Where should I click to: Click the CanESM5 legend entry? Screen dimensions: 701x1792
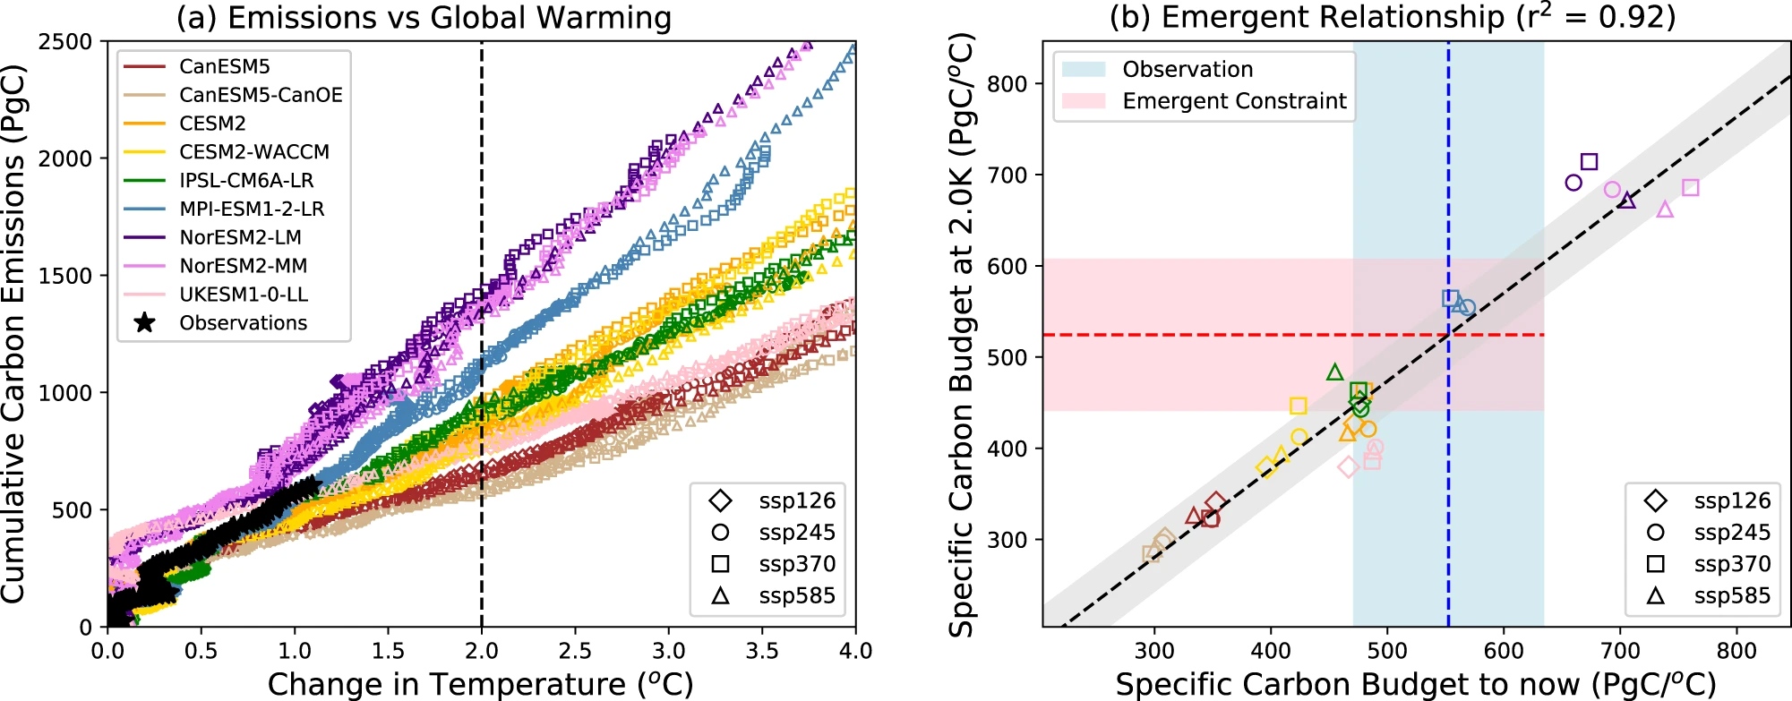pos(224,66)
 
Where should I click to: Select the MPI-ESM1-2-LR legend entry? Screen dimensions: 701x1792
pos(252,209)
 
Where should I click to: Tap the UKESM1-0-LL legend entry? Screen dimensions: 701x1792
pos(244,295)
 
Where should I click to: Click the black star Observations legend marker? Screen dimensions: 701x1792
pos(143,323)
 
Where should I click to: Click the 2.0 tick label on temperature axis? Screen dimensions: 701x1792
pos(482,651)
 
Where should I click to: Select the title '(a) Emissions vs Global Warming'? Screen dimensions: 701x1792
pos(424,17)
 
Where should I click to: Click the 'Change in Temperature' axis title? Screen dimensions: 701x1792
pos(480,684)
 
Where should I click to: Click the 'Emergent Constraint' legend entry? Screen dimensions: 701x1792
pos(1234,101)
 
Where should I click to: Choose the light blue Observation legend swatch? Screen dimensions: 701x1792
pos(1084,69)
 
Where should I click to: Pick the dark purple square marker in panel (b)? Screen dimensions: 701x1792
pos(1590,162)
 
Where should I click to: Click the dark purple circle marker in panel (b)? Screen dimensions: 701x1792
pos(1573,183)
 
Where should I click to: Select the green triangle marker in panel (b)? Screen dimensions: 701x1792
pos(1334,372)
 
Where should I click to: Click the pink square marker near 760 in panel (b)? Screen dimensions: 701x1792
pos(1690,187)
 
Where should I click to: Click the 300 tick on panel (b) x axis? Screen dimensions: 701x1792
pos(1154,651)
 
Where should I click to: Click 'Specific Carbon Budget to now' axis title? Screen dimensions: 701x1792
pos(1415,684)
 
